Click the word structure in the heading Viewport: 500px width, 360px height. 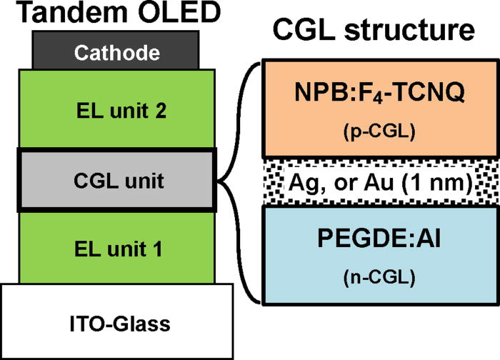(x=410, y=30)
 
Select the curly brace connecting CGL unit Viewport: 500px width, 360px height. (x=239, y=181)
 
